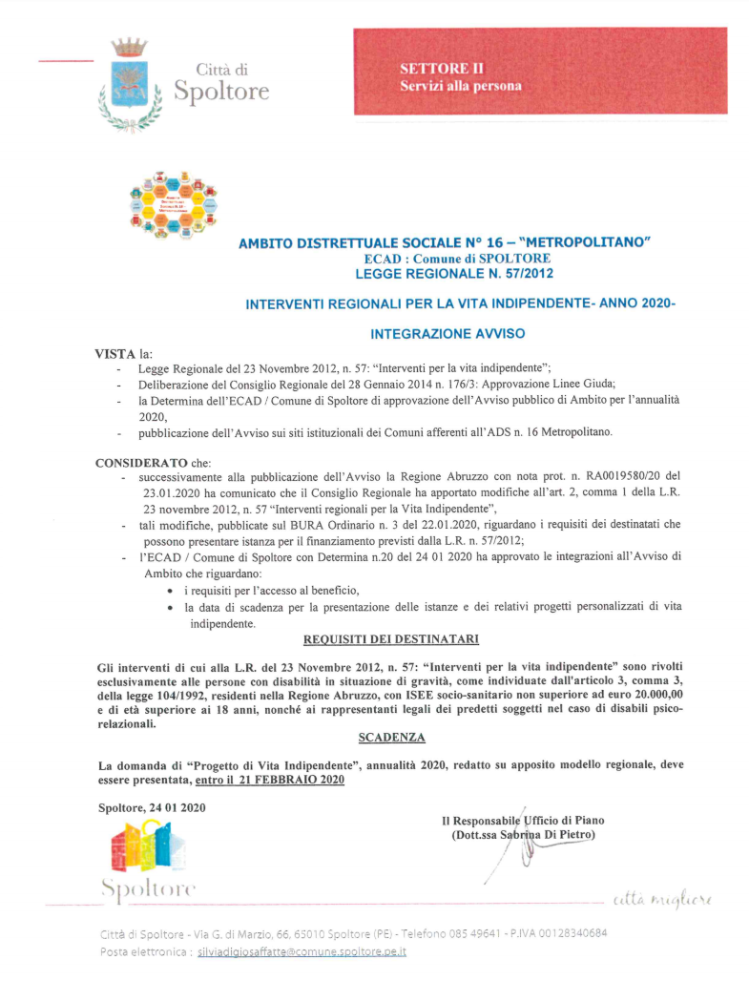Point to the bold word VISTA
115,353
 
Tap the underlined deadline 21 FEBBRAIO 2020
291,781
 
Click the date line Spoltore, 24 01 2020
152,808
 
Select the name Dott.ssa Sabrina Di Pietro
523,835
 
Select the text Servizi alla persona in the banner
461,86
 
